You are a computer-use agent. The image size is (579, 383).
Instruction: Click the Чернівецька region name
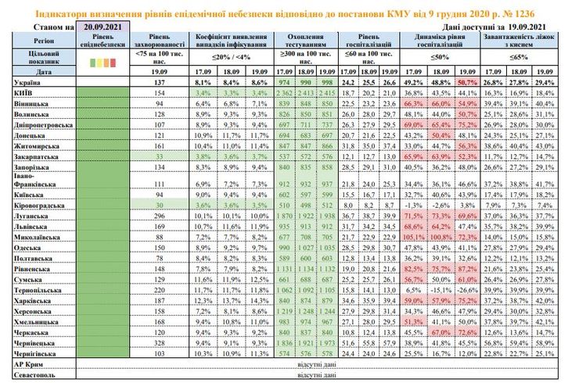point(35,342)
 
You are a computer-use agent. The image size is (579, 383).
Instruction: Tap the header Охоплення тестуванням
point(306,41)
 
